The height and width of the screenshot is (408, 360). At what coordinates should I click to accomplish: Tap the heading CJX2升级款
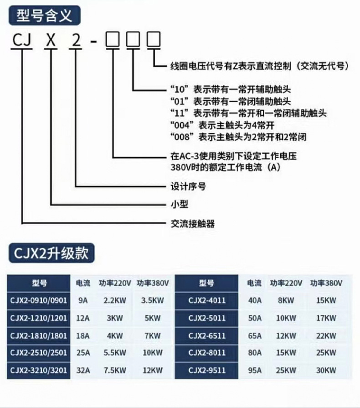pyautogui.click(x=51, y=252)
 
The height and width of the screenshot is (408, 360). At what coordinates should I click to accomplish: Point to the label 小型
pyautogui.click(x=179, y=204)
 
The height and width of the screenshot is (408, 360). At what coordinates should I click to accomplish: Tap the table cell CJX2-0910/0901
pyautogui.click(x=38, y=300)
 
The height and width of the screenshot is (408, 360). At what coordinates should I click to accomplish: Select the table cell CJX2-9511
pyautogui.click(x=206, y=371)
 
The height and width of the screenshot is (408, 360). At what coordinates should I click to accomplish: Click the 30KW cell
pyautogui.click(x=326, y=371)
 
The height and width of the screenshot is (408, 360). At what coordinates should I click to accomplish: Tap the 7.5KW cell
pyautogui.click(x=115, y=371)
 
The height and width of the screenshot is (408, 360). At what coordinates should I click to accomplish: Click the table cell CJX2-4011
pyautogui.click(x=206, y=300)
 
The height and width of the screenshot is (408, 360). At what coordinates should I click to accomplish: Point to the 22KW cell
pyautogui.click(x=326, y=336)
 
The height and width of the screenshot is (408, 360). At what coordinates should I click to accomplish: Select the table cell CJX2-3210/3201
pyautogui.click(x=38, y=371)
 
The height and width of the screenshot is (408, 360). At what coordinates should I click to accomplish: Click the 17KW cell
pyautogui.click(x=326, y=318)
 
